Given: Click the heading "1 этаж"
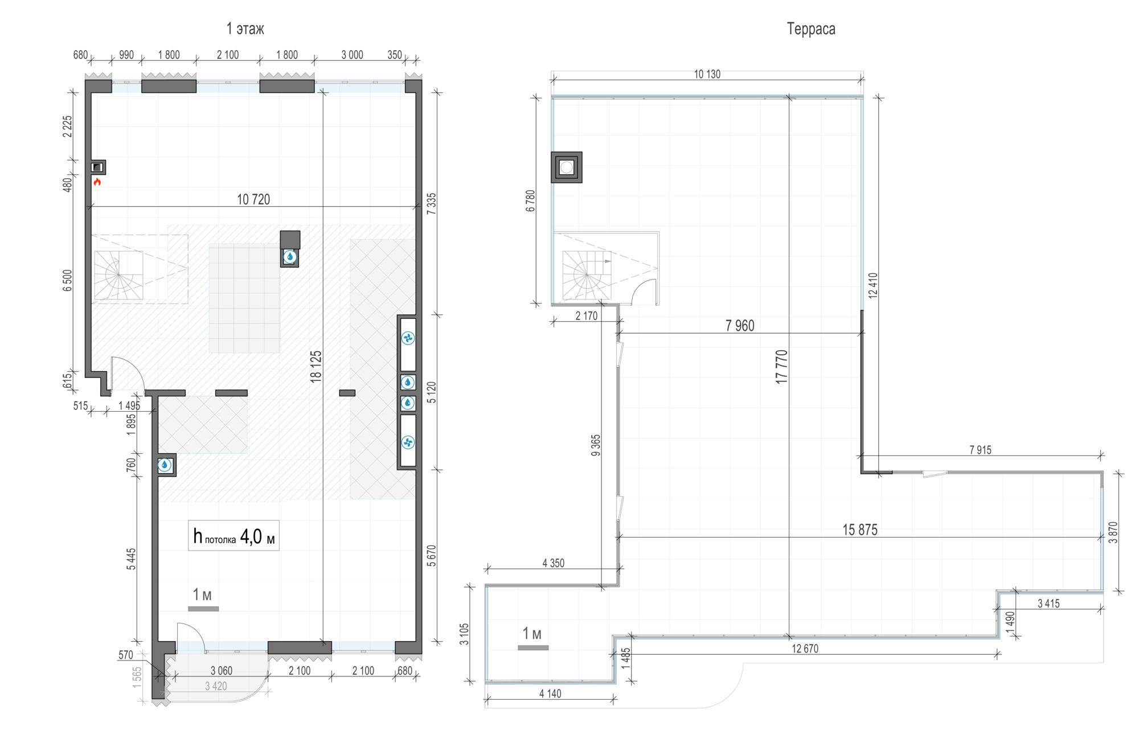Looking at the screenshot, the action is (245, 28).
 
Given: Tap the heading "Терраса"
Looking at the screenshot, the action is (811, 29).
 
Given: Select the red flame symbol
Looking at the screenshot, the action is (97, 182).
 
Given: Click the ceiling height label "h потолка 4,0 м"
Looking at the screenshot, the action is (233, 536).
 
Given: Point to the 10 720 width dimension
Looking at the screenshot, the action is (253, 199).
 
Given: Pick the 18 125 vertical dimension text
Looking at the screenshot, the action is (316, 366).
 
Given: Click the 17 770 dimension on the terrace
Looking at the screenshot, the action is (781, 367).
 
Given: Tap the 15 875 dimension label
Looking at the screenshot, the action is (860, 530).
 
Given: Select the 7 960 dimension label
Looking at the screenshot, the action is (740, 326).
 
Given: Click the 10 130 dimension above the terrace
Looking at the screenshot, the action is (707, 74).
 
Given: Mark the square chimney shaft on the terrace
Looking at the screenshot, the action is (567, 167).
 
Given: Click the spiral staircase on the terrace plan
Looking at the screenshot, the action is (587, 275).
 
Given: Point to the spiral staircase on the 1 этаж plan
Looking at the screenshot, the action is (118, 275).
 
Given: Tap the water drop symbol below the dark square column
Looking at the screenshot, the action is (290, 257).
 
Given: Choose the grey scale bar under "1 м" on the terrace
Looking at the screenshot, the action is (533, 647).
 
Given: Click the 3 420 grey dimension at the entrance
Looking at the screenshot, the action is (216, 686).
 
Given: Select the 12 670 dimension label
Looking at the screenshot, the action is (805, 648).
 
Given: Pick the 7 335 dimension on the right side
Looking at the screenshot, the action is (432, 203).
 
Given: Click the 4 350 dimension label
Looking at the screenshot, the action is (553, 563).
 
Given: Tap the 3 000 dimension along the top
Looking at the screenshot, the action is (352, 55).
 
